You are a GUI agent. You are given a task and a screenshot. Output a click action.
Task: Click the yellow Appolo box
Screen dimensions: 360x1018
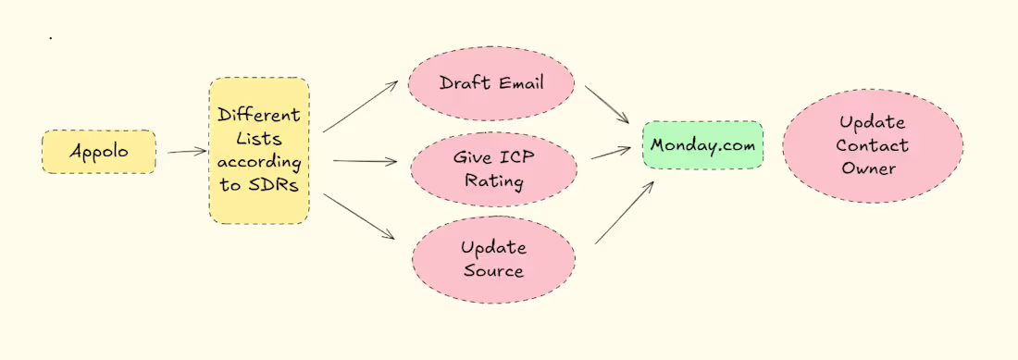point(99,151)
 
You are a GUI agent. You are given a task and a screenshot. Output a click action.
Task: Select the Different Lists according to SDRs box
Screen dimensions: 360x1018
point(259,151)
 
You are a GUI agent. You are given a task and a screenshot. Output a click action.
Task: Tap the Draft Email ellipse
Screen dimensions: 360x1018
point(491,84)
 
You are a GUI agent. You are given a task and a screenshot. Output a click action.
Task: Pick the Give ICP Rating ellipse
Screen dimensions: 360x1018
point(492,168)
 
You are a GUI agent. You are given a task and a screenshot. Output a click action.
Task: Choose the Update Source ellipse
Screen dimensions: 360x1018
point(494,259)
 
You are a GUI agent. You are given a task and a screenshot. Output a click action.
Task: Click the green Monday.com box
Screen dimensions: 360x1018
point(703,145)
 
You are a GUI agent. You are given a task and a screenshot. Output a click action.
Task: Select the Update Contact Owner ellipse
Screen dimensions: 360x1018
point(873,145)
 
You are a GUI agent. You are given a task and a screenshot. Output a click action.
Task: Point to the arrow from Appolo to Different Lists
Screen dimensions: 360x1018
point(188,151)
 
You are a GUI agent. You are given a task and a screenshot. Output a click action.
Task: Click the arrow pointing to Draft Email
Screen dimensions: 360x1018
point(359,106)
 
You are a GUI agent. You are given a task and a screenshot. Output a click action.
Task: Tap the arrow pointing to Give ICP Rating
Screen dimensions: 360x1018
point(364,161)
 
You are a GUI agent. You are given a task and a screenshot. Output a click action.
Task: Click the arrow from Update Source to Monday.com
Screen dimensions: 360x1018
point(624,212)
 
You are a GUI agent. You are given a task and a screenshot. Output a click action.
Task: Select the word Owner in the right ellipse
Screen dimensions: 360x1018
point(873,168)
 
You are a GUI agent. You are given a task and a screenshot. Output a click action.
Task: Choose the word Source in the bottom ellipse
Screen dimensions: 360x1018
point(494,271)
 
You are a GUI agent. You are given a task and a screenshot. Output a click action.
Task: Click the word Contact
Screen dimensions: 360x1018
point(873,145)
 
